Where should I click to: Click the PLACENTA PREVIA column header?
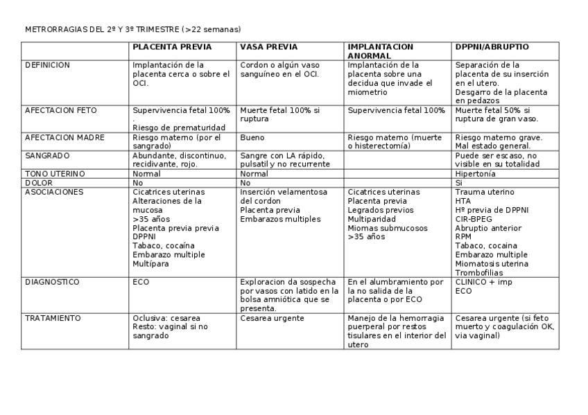(x=172, y=47)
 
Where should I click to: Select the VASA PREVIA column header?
(x=268, y=47)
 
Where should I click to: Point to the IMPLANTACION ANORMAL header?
(x=380, y=51)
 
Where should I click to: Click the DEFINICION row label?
(x=48, y=65)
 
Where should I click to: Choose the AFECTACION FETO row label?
(x=61, y=110)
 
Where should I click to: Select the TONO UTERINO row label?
(x=55, y=173)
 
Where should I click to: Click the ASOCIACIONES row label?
(x=54, y=191)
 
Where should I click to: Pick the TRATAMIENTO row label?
(x=53, y=318)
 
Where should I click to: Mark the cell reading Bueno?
(x=252, y=137)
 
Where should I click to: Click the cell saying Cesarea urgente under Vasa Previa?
(x=272, y=318)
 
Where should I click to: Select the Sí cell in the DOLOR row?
(x=459, y=182)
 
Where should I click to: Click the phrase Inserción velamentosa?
(x=284, y=191)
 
